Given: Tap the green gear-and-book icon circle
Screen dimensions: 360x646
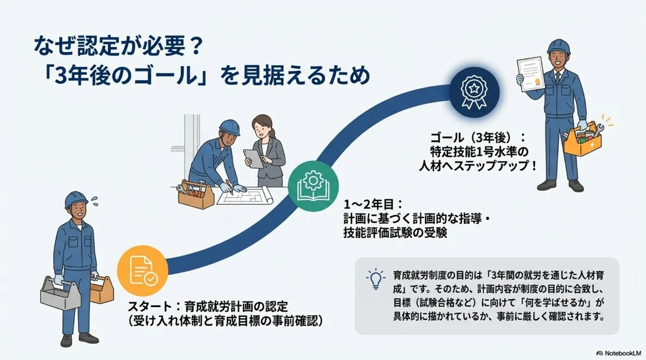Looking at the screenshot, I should point(309,182).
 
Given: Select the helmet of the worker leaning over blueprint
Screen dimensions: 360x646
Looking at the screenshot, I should point(229,127).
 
